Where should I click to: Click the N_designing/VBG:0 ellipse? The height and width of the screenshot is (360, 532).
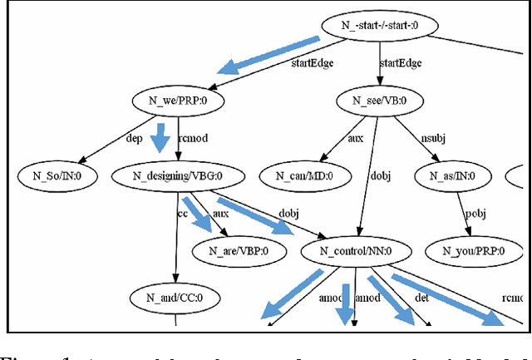[x=179, y=175]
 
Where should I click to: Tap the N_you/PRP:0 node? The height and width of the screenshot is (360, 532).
[x=467, y=249]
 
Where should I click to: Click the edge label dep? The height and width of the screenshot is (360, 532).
[x=135, y=139]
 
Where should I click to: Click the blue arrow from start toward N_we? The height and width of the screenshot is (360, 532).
[x=267, y=56]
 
